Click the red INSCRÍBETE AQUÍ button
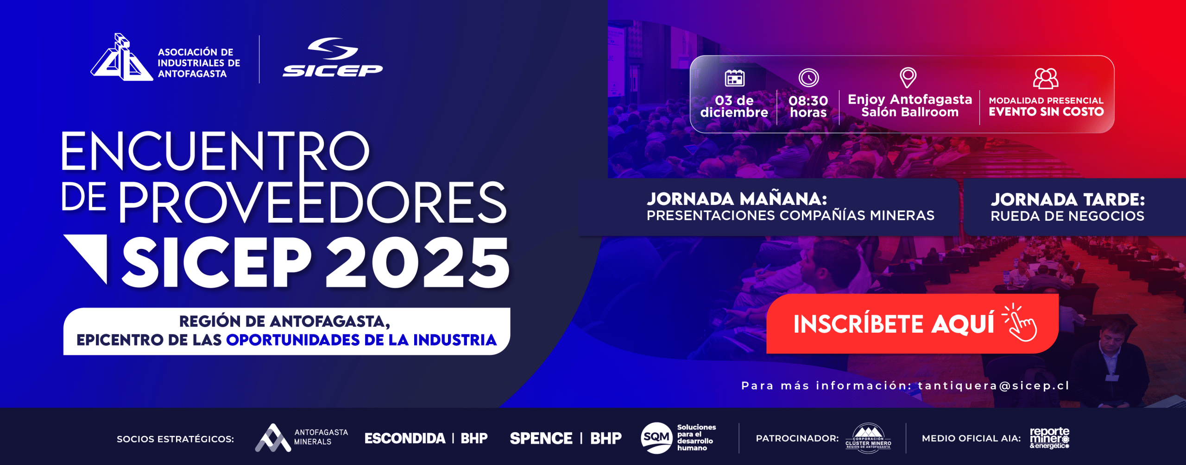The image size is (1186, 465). point(912,324)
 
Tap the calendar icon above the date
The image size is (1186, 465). point(734,78)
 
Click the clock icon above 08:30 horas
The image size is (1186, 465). point(808,78)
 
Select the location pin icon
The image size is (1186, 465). point(908,77)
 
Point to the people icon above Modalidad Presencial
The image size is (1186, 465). point(1046,78)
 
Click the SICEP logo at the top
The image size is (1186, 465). point(333,57)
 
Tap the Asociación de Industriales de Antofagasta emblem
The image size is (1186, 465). point(121,57)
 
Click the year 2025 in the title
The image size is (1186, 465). point(417,262)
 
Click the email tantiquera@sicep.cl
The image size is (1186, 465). point(994,385)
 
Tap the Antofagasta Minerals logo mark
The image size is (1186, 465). point(273,438)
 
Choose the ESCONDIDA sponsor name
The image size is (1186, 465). point(405,438)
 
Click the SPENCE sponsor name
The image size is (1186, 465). point(541,438)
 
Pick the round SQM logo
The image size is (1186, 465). point(656,438)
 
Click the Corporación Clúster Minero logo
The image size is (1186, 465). point(869,438)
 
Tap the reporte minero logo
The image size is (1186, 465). point(1049,438)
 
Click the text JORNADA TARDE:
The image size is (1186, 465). point(1068,199)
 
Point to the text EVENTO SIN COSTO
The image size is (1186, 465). point(1046,112)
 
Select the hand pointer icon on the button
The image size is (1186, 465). point(1020,322)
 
